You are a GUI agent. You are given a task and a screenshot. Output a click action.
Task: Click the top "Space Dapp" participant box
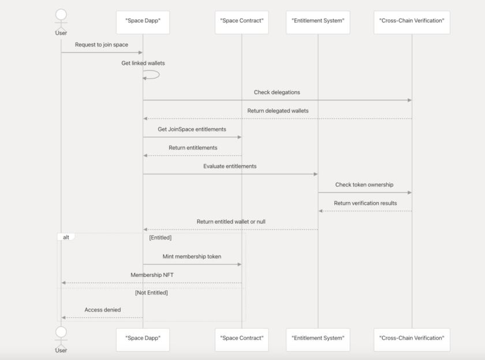tap(143, 22)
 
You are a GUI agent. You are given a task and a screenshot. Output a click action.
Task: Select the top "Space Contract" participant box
tap(241, 22)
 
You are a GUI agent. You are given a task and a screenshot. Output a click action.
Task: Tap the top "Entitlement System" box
tap(318, 22)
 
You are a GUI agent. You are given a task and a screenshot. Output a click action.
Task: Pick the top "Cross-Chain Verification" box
tap(412, 22)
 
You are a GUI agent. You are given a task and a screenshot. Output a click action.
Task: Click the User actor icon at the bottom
tap(61, 336)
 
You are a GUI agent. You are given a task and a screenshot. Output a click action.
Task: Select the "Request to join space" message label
tap(102, 45)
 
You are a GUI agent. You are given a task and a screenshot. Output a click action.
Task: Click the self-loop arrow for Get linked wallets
tap(152, 74)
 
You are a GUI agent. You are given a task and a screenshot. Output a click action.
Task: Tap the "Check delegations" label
tap(277, 92)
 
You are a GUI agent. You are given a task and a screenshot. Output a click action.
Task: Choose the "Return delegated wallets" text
tap(278, 111)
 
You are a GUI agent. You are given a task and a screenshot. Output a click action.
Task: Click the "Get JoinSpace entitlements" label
tap(192, 129)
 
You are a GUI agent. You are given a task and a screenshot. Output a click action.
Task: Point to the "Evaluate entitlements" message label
tap(230, 166)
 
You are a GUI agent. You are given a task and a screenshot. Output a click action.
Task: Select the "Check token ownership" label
tap(364, 185)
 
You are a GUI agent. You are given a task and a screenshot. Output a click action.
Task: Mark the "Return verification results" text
tap(365, 203)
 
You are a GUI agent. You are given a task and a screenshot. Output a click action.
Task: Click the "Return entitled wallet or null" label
tap(231, 222)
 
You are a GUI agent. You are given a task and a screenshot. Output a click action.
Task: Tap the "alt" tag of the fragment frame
tap(66, 237)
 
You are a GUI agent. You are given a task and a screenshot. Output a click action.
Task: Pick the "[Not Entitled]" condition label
tap(151, 292)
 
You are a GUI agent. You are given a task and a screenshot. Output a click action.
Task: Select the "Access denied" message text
tap(103, 310)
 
